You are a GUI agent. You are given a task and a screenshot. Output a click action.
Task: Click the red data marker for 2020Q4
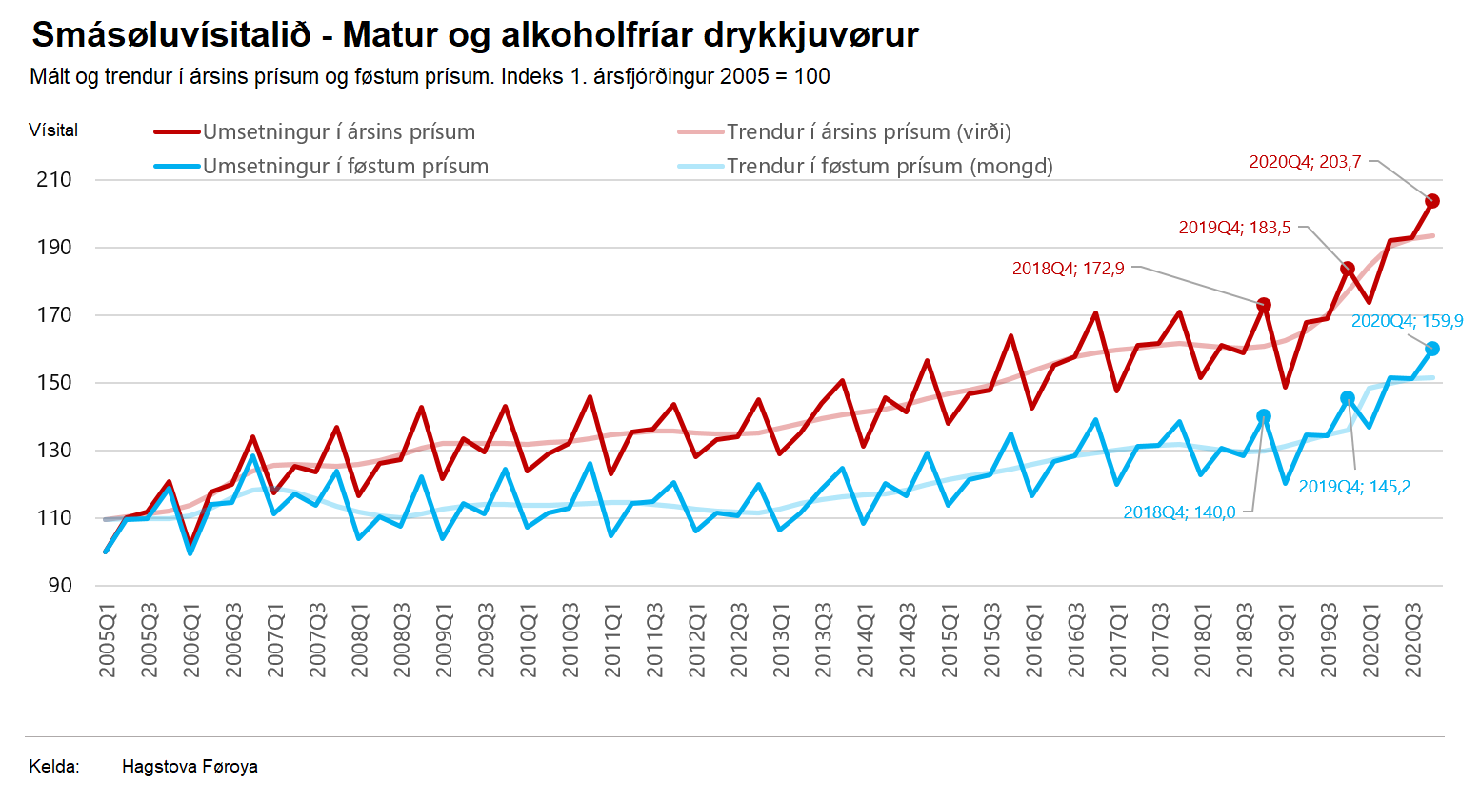pyautogui.click(x=1431, y=201)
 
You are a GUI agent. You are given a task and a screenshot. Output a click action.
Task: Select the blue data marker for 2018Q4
pyautogui.click(x=1264, y=416)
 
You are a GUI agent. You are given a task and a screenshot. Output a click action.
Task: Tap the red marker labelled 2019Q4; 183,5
pyautogui.click(x=1348, y=270)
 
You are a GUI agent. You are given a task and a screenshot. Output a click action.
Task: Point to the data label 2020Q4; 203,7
pyautogui.click(x=1305, y=162)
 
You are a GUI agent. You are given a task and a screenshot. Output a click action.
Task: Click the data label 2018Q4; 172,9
pyautogui.click(x=1068, y=269)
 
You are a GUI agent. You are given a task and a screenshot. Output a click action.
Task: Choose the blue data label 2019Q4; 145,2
pyautogui.click(x=1354, y=487)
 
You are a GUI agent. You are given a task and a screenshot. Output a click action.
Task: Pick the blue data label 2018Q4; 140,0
pyautogui.click(x=1179, y=512)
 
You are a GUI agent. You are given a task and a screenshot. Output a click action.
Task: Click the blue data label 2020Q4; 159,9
pyautogui.click(x=1407, y=321)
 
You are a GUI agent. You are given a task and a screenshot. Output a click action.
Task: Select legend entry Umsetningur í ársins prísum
pyautogui.click(x=338, y=132)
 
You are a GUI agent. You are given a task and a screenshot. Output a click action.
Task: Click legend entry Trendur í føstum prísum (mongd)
pyautogui.click(x=890, y=167)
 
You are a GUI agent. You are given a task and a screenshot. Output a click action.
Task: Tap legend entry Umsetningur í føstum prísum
pyautogui.click(x=345, y=167)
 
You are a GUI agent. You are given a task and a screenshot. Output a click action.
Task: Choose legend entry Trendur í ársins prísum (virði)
pyautogui.click(x=869, y=132)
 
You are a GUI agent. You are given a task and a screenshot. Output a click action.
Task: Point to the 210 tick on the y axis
pyautogui.click(x=54, y=180)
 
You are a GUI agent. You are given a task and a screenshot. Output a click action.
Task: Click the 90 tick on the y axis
pyautogui.click(x=59, y=586)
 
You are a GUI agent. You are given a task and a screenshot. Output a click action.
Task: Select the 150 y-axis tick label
pyautogui.click(x=54, y=383)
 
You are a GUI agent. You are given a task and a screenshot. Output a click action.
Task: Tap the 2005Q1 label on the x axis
pyautogui.click(x=108, y=640)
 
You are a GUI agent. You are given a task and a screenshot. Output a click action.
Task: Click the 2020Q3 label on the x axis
pyautogui.click(x=1413, y=640)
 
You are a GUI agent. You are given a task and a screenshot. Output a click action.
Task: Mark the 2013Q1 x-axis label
pyautogui.click(x=781, y=640)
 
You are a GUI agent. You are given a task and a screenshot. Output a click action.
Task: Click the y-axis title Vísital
pyautogui.click(x=53, y=130)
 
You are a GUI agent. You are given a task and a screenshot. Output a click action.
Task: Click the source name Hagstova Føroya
pyautogui.click(x=190, y=767)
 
